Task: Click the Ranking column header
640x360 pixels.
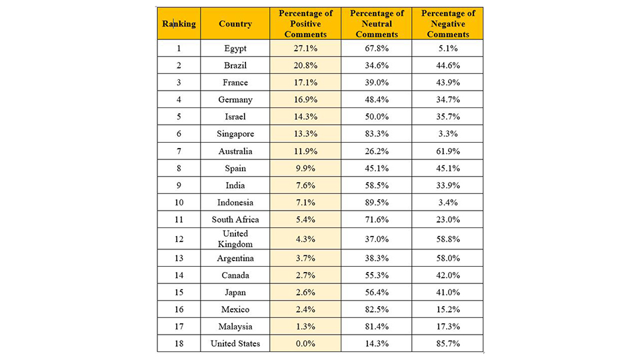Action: [x=179, y=24]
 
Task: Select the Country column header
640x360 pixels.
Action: [x=235, y=24]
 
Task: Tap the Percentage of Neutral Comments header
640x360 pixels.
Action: [x=376, y=24]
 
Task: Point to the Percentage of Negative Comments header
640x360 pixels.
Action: [x=448, y=24]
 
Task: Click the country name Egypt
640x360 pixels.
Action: [x=235, y=49]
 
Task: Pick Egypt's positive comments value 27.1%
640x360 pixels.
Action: [x=305, y=48]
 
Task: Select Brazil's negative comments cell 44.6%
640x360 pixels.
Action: [x=448, y=65]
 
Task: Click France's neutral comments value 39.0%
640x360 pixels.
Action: [x=376, y=83]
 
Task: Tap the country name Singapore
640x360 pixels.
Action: [x=235, y=134]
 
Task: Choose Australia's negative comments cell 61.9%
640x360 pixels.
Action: [x=448, y=151]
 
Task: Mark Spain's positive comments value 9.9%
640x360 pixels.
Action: [x=305, y=168]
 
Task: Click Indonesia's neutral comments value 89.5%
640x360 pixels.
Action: [x=376, y=203]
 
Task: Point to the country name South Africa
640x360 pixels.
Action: [x=235, y=219]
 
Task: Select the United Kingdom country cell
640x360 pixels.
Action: [x=235, y=239]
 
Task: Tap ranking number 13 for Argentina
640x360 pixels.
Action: [x=179, y=258]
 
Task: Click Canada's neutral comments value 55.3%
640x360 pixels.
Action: [x=376, y=275]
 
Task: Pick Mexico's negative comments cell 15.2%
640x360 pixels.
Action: [x=448, y=309]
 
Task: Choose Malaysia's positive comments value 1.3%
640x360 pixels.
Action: [x=305, y=327]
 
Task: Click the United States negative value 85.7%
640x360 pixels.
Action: [x=448, y=344]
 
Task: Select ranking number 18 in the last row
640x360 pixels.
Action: [x=179, y=344]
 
